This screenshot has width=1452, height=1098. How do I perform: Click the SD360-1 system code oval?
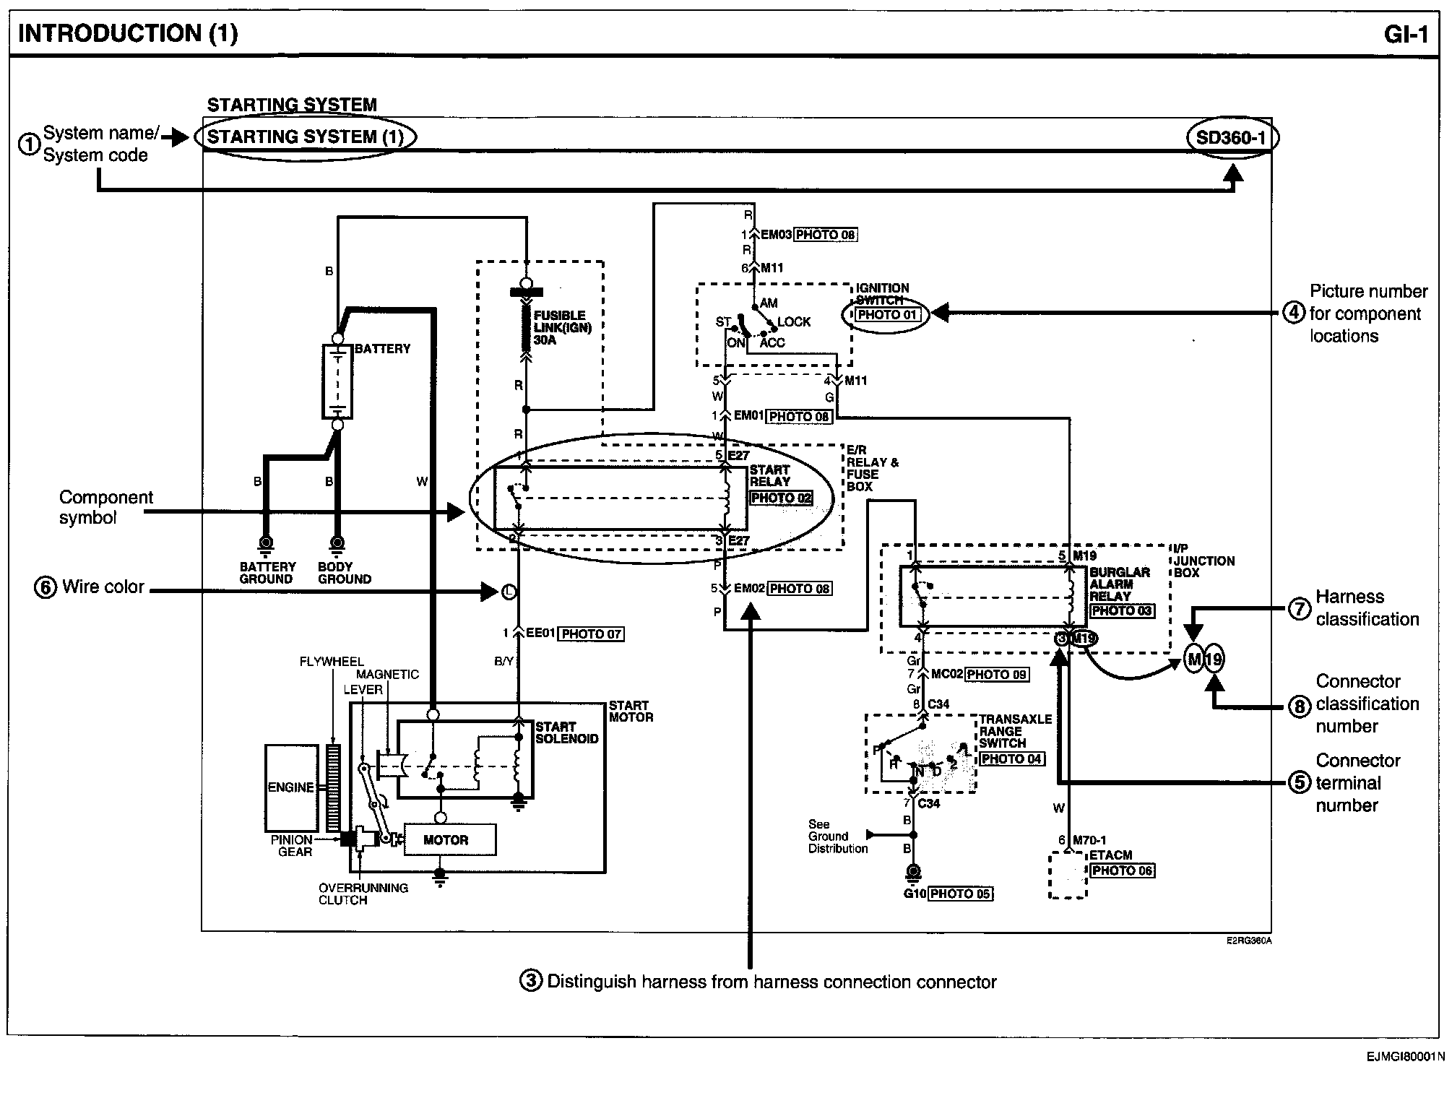point(1232,137)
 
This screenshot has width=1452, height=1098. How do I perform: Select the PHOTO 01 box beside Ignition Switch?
point(887,315)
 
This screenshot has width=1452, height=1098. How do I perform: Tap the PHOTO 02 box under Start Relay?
point(781,498)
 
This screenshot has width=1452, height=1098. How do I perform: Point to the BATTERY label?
point(382,349)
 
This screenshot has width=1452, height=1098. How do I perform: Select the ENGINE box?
point(291,787)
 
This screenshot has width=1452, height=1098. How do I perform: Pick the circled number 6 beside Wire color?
point(45,587)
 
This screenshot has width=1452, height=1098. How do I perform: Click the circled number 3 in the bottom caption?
point(531,981)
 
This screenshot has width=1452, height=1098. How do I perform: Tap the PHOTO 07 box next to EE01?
point(592,634)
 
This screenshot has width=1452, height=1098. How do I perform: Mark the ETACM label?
point(1111,855)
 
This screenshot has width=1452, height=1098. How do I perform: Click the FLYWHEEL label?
point(332,662)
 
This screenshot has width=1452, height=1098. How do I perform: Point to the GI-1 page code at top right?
point(1406,34)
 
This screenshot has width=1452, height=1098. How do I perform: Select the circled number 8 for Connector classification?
point(1300,706)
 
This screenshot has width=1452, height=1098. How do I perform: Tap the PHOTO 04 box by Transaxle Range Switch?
point(1011,759)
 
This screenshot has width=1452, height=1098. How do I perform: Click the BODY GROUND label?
point(344,573)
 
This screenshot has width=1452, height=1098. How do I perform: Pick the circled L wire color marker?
point(509,592)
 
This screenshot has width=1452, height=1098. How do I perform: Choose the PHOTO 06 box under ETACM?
point(1122,870)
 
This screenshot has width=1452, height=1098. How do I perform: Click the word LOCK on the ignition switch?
point(794,322)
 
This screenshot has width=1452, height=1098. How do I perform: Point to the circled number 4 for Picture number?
point(1294,314)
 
